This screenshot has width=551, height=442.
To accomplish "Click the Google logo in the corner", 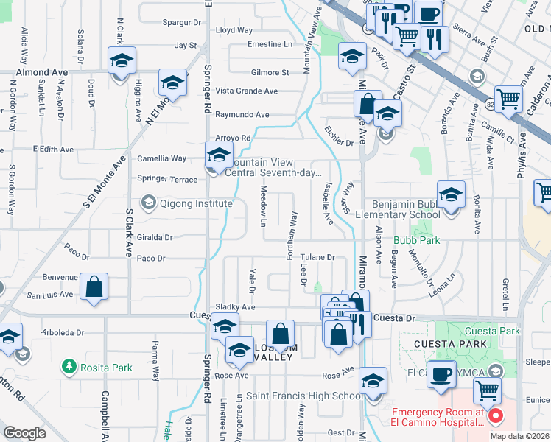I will (x=24, y=433).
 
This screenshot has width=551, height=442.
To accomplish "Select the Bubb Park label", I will (x=416, y=241).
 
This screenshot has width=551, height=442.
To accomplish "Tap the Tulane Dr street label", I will (x=317, y=258).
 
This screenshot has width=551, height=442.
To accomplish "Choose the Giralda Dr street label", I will (x=155, y=238).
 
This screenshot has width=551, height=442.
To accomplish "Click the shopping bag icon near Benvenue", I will (x=94, y=287).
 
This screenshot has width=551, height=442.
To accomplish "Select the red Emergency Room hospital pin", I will (x=495, y=416).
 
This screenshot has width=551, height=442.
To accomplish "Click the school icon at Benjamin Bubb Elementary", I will (x=451, y=196).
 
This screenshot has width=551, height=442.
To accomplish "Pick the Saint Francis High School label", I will (x=304, y=396).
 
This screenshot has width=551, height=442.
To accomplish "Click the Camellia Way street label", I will (x=161, y=158).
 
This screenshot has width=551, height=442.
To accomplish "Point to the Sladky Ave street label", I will (x=235, y=307).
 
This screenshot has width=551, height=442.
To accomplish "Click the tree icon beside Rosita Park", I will (x=69, y=366).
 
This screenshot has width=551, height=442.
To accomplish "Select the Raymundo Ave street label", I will (x=242, y=115).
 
